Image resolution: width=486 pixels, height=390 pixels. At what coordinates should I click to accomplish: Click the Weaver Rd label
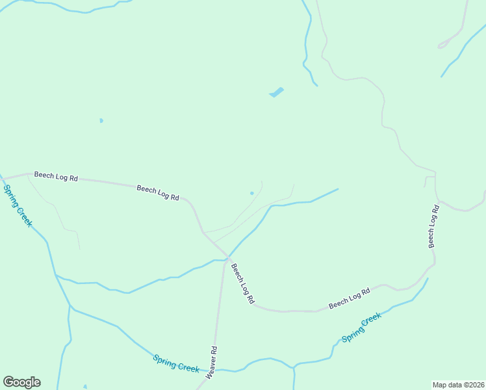coord(212,363)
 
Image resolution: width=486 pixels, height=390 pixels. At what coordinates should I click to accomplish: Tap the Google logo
coord(21,382)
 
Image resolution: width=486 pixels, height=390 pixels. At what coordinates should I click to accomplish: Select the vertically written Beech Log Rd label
coord(433,226)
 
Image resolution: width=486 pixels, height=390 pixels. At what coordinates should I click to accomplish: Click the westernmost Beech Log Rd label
coord(56,176)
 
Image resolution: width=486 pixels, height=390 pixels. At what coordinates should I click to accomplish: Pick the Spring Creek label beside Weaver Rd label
coord(176,363)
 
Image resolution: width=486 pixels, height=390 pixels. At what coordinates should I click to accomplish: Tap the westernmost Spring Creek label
coord(18,205)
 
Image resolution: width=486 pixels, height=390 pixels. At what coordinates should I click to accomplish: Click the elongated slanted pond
coord(277,92)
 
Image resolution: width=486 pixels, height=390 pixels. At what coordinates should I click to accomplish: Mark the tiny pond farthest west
coord(101,120)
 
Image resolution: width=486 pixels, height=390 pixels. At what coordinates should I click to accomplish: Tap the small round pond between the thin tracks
coord(252,192)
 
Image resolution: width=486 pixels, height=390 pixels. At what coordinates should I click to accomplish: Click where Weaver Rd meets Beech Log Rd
coord(227,257)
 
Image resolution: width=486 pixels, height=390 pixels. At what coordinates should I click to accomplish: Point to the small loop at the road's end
coord(444,45)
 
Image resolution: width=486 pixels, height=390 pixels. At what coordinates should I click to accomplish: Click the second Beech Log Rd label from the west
coord(158,192)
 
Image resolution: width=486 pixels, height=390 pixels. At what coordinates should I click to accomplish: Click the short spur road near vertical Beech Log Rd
coord(429,178)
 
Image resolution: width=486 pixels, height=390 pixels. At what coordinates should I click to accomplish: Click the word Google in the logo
coord(21,382)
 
